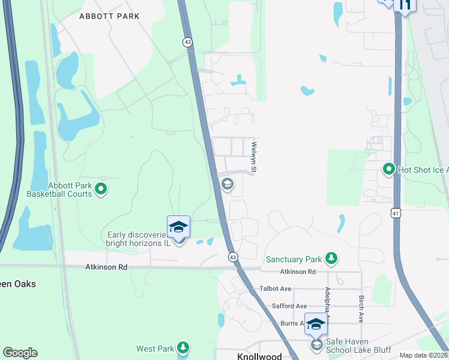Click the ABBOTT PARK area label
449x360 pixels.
[x=109, y=16]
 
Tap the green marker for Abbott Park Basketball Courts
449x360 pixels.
[x=101, y=190]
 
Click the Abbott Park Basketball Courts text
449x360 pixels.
[x=59, y=190]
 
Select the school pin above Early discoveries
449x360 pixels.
[x=178, y=227]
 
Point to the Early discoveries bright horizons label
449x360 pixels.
[x=138, y=239]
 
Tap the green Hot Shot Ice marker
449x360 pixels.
[x=388, y=170]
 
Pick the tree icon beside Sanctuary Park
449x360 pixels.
[x=331, y=259]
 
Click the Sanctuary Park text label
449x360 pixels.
[x=294, y=259]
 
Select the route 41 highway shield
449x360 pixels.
[x=394, y=212]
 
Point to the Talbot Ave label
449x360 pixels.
[x=275, y=289]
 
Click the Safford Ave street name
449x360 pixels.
[x=289, y=306]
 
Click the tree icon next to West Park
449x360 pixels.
[x=183, y=348]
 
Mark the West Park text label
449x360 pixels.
[x=155, y=349]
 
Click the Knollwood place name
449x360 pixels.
[x=259, y=356]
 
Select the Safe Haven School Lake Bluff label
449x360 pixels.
[x=357, y=345]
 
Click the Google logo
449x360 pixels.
[x=20, y=353]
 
